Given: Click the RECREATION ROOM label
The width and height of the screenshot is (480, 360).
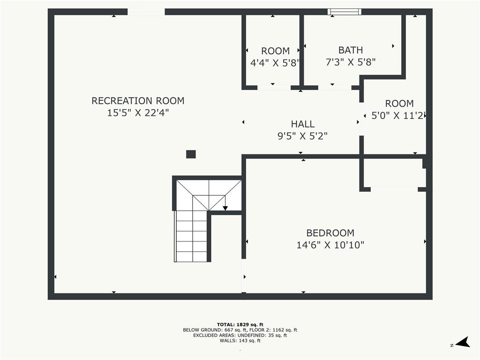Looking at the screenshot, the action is click(138, 101).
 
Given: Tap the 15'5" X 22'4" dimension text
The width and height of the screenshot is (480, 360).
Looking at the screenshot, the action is click(138, 112).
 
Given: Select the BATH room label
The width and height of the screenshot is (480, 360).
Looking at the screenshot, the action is click(351, 50).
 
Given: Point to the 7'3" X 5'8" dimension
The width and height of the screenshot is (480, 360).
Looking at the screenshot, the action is click(351, 62).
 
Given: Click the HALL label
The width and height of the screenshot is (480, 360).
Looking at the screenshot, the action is click(303, 124).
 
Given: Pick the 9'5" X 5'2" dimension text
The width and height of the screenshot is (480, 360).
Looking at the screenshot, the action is click(303, 136).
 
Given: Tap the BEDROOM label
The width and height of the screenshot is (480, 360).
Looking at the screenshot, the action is click(330, 233).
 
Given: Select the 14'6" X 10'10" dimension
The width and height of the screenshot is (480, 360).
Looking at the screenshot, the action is click(330, 245).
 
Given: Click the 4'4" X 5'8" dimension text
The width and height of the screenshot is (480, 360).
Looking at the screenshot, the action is click(275, 63).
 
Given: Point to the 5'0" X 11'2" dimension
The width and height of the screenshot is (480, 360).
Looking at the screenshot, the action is click(397, 115).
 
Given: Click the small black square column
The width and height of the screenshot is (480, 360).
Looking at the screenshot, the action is click(191, 154).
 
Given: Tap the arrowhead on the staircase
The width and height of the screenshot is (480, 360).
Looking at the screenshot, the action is click(225, 208).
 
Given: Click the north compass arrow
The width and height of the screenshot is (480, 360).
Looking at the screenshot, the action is click(463, 342).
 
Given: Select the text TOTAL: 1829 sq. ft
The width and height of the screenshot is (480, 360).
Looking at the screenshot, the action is click(240, 324).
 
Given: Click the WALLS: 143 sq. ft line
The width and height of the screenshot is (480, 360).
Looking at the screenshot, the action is click(240, 340).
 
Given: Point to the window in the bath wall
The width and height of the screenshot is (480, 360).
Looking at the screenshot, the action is click(345, 12).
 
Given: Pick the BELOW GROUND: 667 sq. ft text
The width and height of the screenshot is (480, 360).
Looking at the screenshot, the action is click(214, 330).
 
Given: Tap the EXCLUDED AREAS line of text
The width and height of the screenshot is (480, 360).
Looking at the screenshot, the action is click(240, 335).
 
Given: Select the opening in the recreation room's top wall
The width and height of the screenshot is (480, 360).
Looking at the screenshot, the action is click(146, 12).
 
